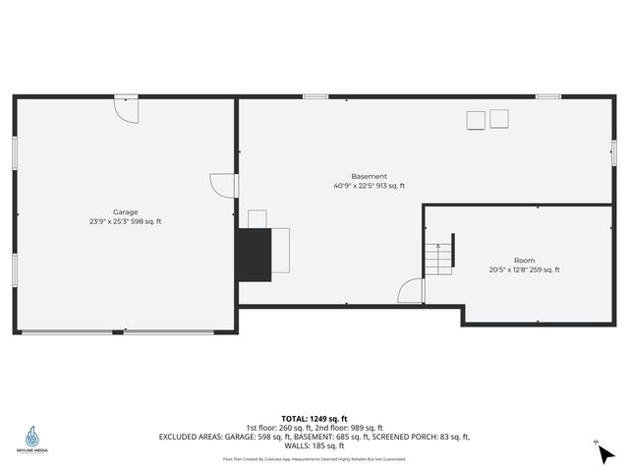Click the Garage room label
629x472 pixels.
[x=125, y=212]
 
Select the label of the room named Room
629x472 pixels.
[x=524, y=261]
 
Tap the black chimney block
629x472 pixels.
[x=253, y=254]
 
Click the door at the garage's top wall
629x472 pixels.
[x=126, y=108]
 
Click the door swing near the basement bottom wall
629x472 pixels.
[x=412, y=292]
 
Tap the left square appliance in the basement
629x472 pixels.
[x=476, y=120]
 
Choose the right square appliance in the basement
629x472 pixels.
[x=499, y=119]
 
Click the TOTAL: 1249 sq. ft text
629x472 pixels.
[x=314, y=418]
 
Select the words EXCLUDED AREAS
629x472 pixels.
[x=196, y=437]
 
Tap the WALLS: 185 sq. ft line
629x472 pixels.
[x=314, y=445]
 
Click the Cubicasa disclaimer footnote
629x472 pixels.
[x=314, y=459]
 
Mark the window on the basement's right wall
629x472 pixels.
[x=613, y=147]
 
